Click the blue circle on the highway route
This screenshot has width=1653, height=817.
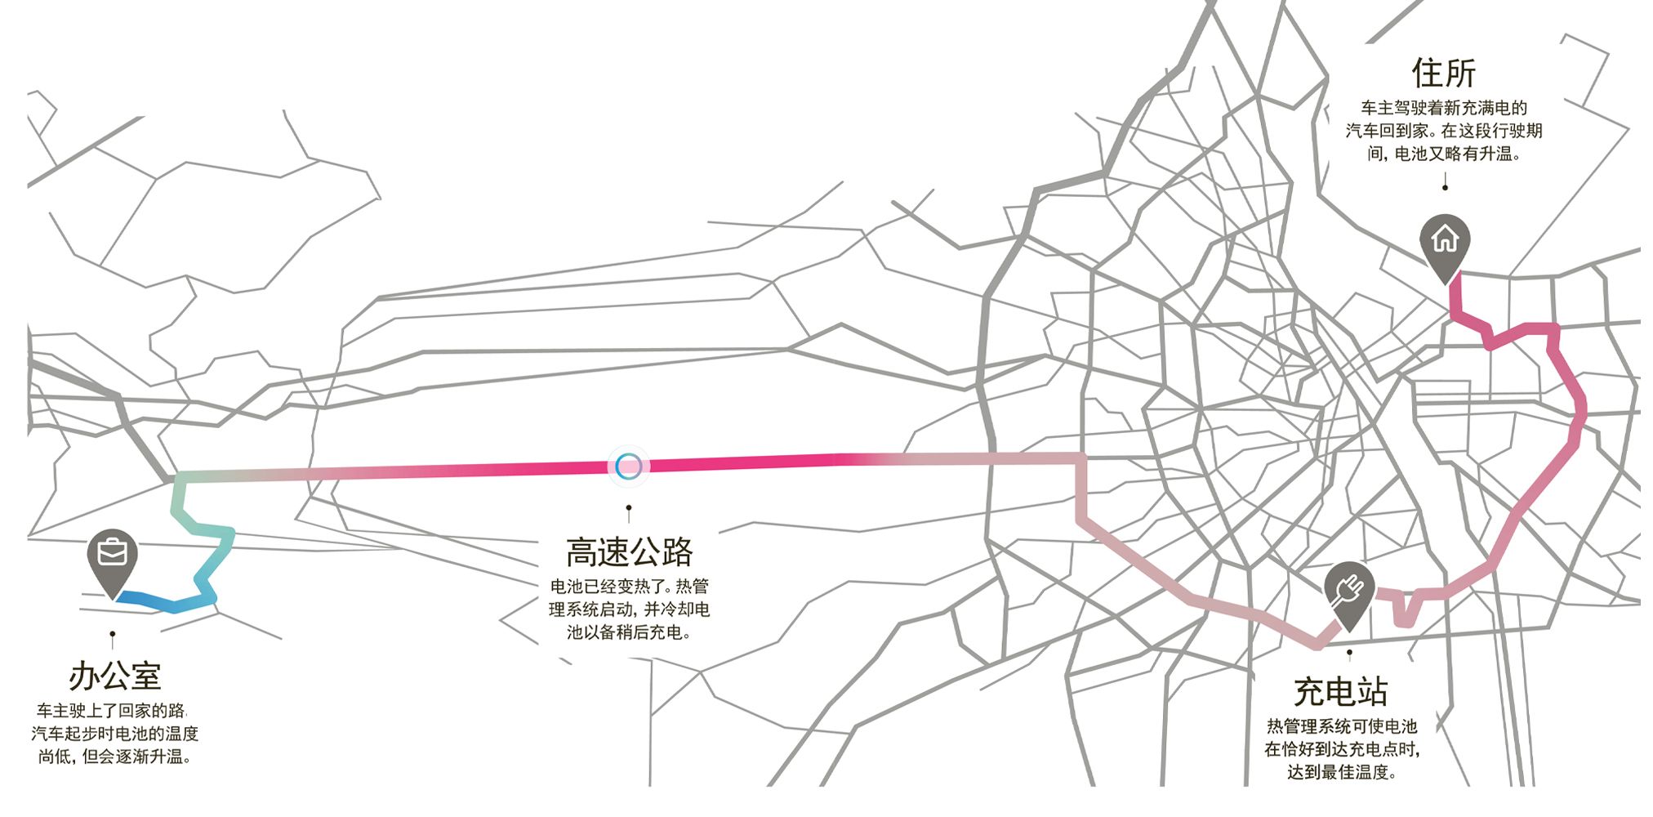pos(628,466)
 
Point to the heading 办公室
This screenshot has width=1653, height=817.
pos(115,676)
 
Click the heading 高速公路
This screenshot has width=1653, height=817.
pos(629,553)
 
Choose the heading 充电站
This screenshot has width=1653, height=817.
pos(1340,692)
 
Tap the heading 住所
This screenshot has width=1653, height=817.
pos(1444,73)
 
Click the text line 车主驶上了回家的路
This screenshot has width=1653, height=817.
pos(112,711)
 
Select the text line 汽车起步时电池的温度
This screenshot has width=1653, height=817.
pos(115,734)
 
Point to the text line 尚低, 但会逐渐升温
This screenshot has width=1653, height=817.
pos(115,757)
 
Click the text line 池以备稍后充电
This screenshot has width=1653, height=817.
pos(629,632)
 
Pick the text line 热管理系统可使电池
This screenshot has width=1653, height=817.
pos(1341,726)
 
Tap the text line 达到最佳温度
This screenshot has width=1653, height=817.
pos(1341,772)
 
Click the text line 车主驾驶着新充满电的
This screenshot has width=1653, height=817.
pos(1444,108)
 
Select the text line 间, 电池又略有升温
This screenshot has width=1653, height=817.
pos(1444,154)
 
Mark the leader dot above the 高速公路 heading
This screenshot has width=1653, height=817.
pos(628,507)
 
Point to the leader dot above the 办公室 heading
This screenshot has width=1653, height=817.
pos(113,633)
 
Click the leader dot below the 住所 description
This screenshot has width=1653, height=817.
pos(1445,188)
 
